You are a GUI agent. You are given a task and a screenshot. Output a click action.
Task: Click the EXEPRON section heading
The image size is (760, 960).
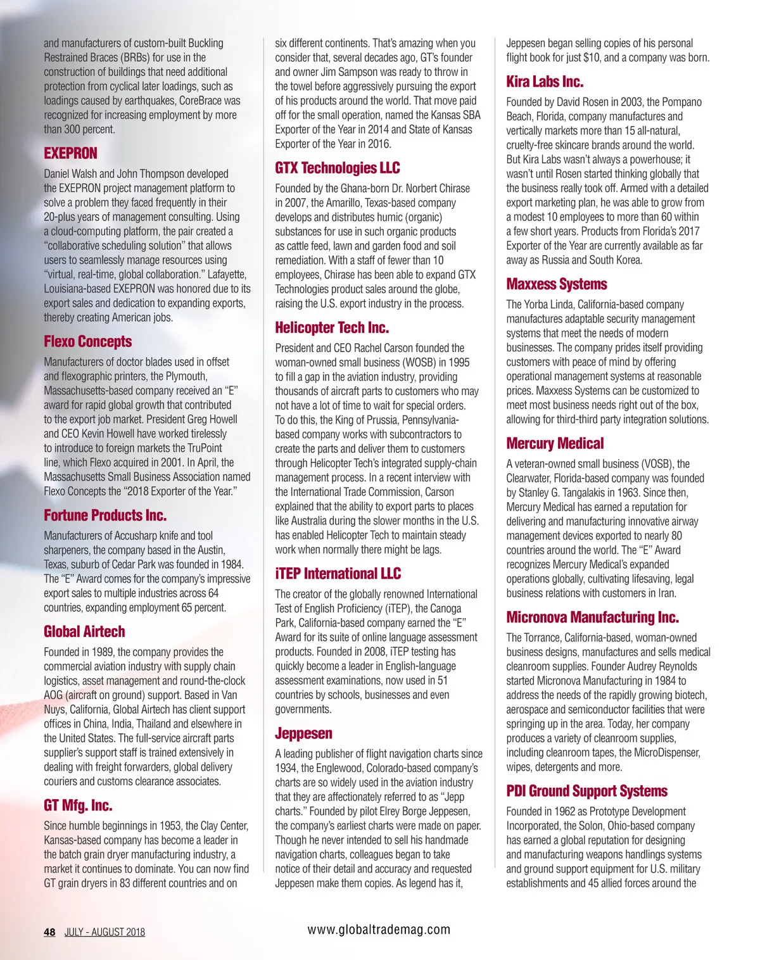pos(70,153)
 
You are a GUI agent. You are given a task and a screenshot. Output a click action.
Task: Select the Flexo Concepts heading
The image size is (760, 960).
pos(87,342)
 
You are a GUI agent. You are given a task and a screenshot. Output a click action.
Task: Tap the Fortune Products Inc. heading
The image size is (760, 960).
pos(105,515)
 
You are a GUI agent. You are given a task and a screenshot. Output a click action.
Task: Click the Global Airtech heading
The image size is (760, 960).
pos(84,631)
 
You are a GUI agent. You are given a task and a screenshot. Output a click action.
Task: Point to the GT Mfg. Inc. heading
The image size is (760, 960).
pos(78,805)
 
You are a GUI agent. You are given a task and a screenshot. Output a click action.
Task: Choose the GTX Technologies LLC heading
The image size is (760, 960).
pos(337,168)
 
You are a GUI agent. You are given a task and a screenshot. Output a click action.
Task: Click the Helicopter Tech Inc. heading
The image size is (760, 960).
pos(332,327)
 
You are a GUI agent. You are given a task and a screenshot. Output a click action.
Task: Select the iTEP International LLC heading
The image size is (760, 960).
pos(338,574)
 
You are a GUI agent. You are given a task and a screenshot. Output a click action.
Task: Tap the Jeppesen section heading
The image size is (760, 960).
pos(303,733)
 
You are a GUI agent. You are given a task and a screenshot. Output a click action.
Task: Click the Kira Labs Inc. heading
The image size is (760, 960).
pos(545,82)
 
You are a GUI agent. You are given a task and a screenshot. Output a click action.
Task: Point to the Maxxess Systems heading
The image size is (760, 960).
pos(556,284)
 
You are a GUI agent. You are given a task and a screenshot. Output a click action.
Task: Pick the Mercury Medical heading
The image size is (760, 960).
pos(555,443)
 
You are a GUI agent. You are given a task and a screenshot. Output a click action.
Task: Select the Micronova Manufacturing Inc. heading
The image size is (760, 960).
pos(592,617)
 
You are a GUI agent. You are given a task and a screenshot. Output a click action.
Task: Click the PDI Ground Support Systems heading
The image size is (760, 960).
pos(586,791)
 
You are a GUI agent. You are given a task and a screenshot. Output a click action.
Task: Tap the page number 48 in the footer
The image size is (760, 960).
pos(49,932)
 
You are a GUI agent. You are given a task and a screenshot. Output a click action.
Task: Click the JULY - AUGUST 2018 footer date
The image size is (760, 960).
pos(104,932)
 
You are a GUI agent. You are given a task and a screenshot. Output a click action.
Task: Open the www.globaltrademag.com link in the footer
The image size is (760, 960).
pos(379,930)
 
